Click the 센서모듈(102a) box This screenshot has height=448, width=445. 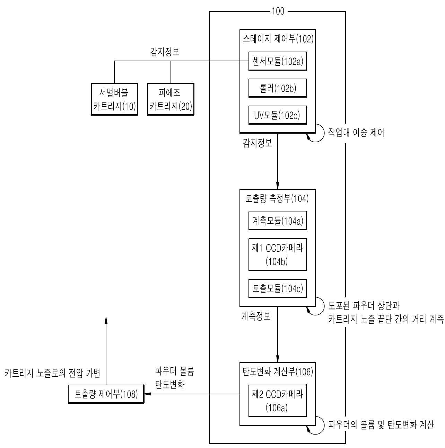point(277,61)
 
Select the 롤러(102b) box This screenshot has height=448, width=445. point(277,88)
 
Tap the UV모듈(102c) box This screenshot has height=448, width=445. point(277,115)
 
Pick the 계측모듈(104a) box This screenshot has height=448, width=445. point(277,221)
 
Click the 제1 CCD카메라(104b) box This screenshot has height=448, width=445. point(277,254)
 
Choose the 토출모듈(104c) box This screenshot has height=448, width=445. point(277,288)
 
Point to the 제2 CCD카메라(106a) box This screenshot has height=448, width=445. point(277,401)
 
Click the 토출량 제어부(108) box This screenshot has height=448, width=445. point(106,394)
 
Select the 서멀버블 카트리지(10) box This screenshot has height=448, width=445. point(114,99)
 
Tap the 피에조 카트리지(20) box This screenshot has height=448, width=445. point(171,99)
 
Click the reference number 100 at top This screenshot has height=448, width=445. point(278,11)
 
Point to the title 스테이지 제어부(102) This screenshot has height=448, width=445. point(278,39)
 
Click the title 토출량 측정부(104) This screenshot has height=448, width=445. point(277,198)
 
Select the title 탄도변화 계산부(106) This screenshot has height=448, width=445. point(278,371)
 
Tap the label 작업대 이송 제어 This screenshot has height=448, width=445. point(356,132)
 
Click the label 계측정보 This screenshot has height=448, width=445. point(256,316)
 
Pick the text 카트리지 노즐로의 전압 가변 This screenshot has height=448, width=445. point(52,373)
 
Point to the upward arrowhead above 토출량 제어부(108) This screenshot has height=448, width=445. point(106,320)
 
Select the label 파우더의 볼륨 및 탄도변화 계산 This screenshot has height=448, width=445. point(381,425)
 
